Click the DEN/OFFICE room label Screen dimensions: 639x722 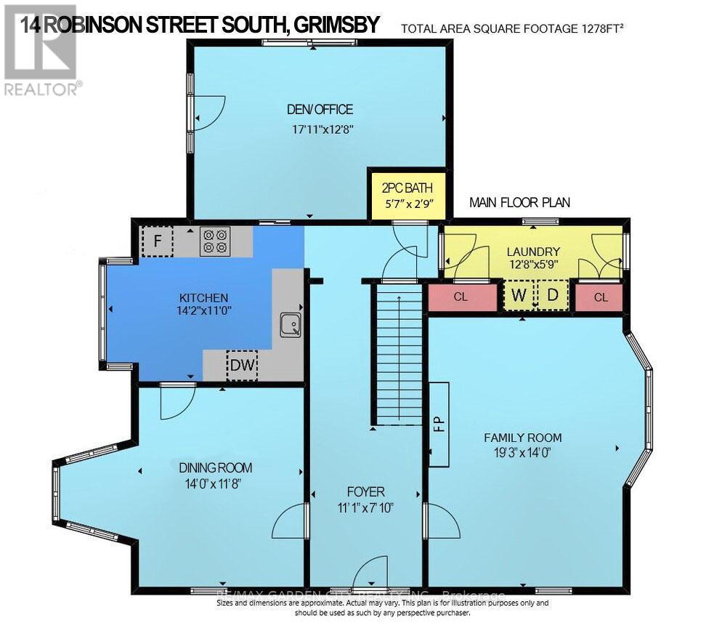point(320,110)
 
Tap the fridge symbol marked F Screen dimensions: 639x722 point(157,241)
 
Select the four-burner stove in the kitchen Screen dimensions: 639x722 point(214,241)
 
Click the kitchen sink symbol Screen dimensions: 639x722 point(291,325)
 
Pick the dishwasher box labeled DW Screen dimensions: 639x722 point(242,366)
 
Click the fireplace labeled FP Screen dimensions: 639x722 point(438,425)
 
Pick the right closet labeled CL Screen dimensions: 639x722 point(600,298)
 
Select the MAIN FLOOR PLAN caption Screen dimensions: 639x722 point(519,203)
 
